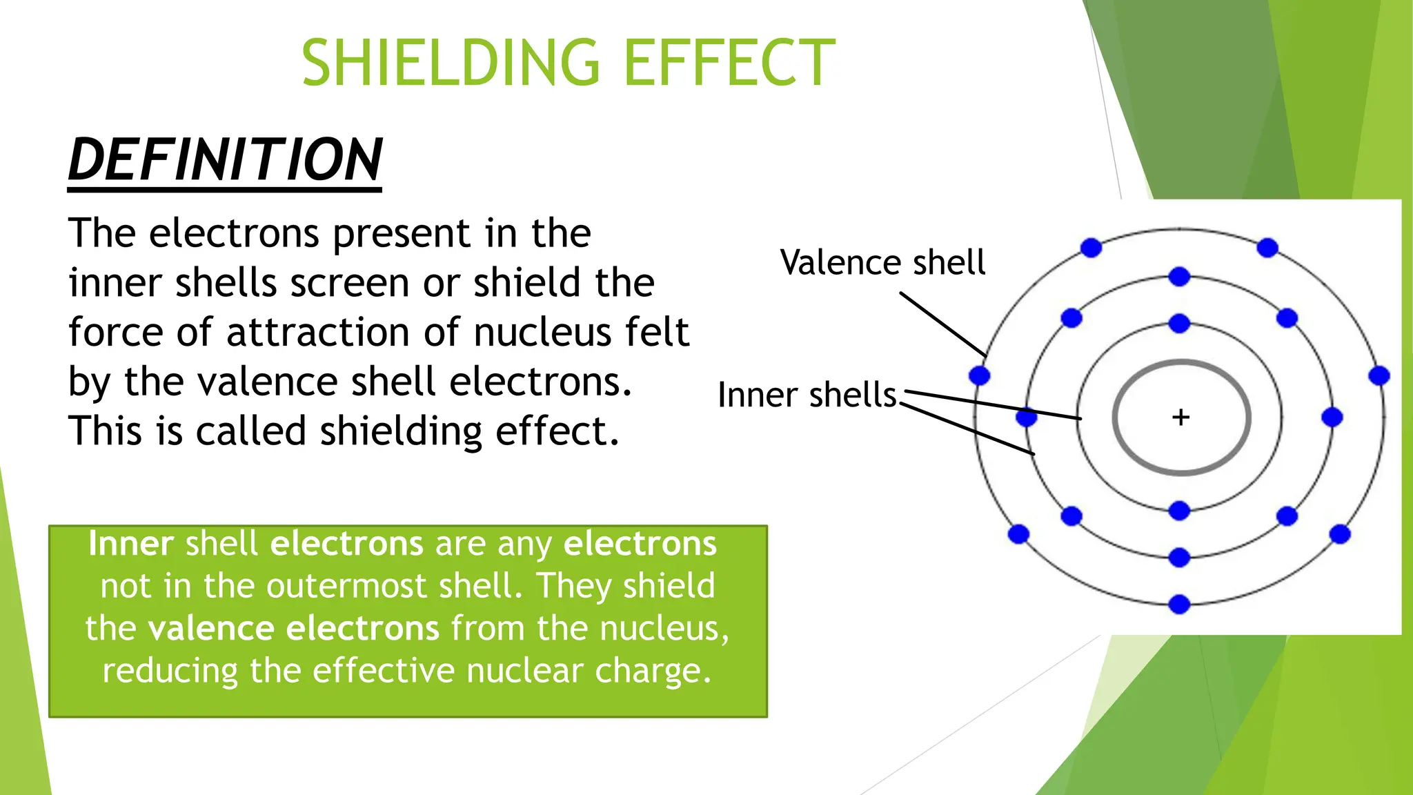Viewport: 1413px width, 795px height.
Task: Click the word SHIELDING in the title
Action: (451, 63)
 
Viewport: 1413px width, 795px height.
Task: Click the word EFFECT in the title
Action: (729, 63)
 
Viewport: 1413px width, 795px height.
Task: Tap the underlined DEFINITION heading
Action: (225, 160)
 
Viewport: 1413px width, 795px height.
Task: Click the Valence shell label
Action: (882, 263)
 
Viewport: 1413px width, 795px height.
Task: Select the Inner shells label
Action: (807, 395)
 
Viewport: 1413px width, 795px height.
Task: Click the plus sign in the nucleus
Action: (1180, 417)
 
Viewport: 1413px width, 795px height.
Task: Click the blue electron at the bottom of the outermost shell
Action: (1179, 605)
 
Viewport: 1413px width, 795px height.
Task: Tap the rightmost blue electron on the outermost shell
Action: (1379, 376)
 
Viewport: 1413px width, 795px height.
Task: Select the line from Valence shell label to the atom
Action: (943, 323)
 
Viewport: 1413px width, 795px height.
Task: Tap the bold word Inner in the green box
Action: (130, 544)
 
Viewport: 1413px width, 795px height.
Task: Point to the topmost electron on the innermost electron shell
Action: (1179, 323)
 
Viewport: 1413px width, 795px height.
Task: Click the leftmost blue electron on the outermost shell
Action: (979, 376)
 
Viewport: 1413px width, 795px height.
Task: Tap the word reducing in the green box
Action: (170, 671)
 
